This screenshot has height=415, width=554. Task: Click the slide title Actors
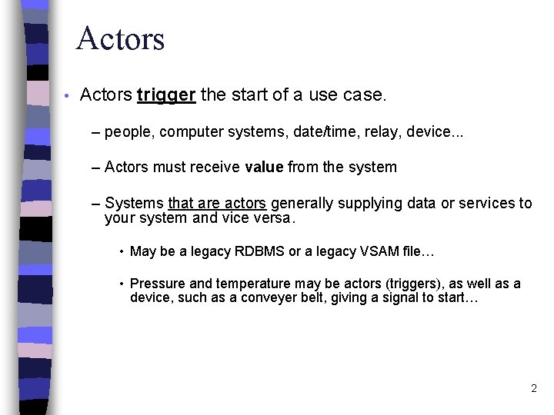click(x=120, y=38)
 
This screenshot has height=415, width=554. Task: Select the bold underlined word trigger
click(x=167, y=95)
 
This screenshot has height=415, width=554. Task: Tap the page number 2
click(x=533, y=389)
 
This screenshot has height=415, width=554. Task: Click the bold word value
click(x=264, y=167)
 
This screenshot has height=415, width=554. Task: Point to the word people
click(x=128, y=132)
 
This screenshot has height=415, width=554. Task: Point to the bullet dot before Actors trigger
click(x=68, y=96)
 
